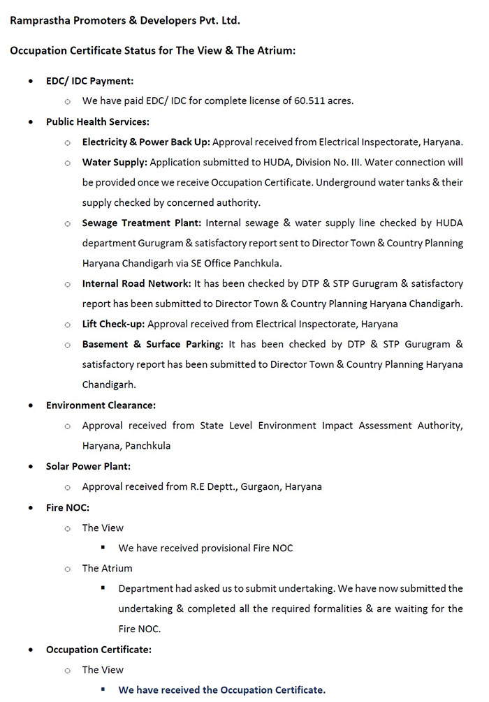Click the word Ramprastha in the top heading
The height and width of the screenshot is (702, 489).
tap(38, 20)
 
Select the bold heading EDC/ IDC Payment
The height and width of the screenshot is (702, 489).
tap(89, 81)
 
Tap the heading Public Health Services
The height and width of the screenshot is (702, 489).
tap(97, 121)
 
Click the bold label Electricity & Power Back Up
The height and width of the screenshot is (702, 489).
tap(146, 142)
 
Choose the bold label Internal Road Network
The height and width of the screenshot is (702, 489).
tap(136, 283)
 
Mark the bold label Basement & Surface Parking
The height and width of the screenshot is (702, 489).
tap(153, 344)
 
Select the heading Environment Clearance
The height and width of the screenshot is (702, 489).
tap(101, 405)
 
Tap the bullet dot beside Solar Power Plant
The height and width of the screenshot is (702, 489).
tap(30, 466)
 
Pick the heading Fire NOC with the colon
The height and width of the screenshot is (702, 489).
tap(67, 507)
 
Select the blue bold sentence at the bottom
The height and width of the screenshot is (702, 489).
tap(221, 690)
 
